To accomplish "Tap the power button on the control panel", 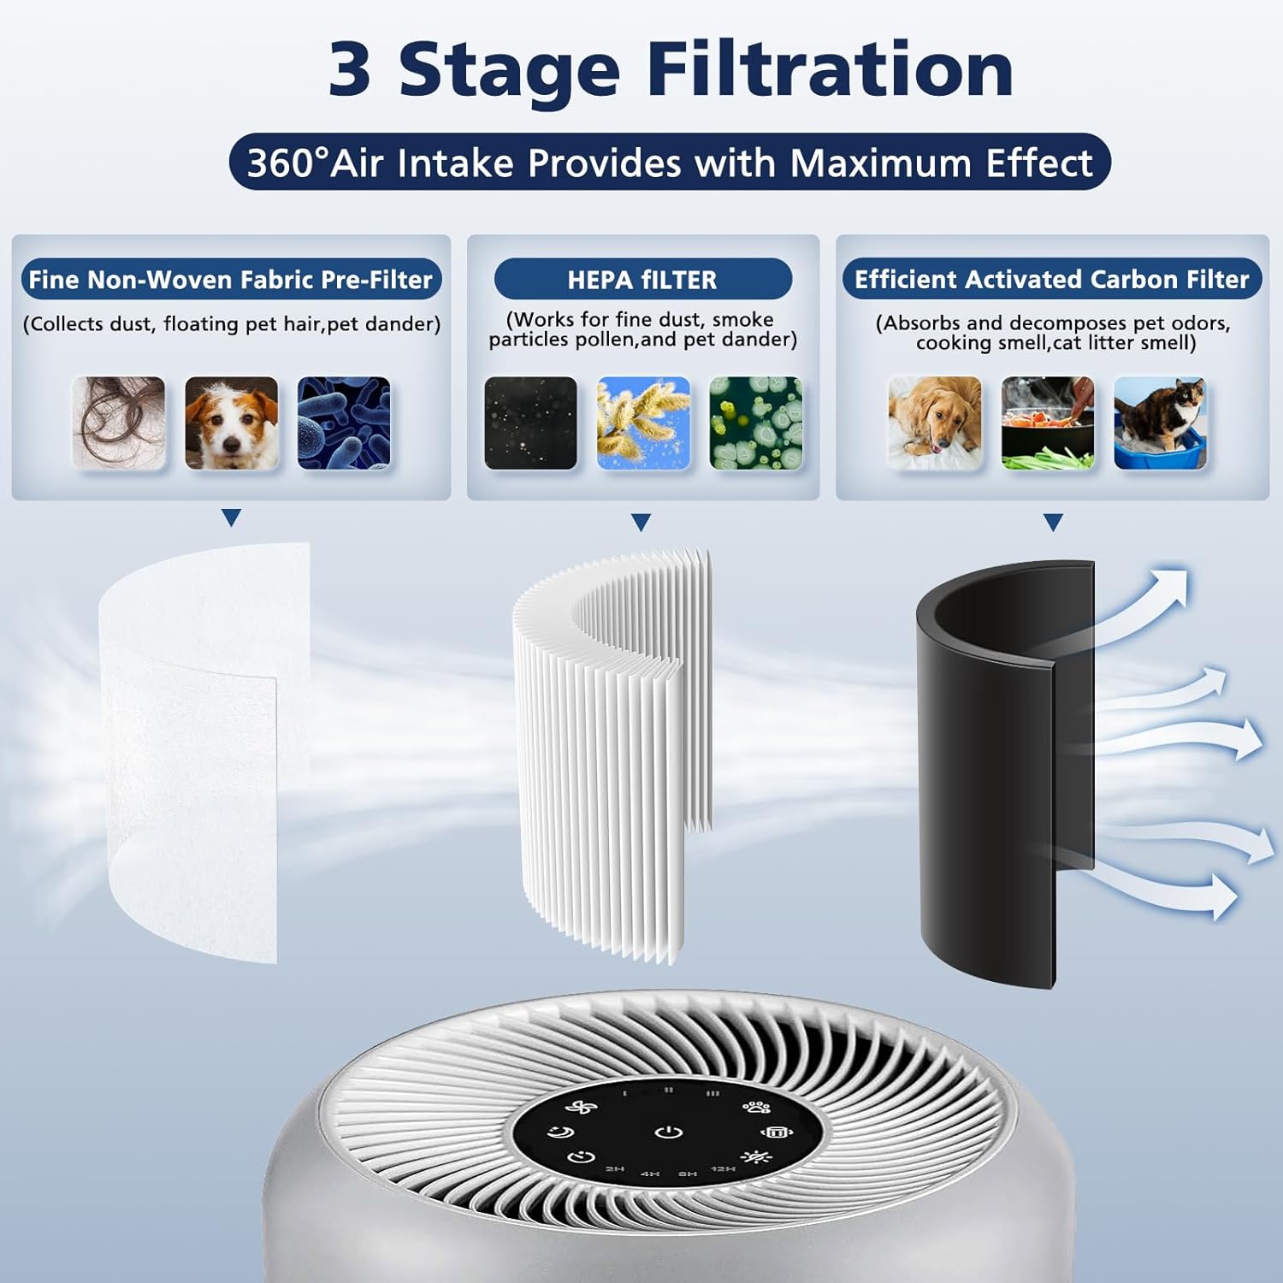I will tap(669, 1132).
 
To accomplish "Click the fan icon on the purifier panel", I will tap(581, 1108).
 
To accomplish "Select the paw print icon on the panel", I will tap(756, 1108).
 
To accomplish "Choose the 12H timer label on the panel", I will tap(723, 1168).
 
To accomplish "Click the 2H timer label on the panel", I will tap(615, 1168).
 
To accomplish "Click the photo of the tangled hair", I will tap(119, 423).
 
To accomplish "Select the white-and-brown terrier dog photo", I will tap(231, 423).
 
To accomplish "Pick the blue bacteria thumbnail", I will tap(344, 423).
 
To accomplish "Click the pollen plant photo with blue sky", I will tap(643, 423).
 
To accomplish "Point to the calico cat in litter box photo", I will tap(1160, 423).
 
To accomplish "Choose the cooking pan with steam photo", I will tap(1047, 423).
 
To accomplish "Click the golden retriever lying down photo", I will tap(935, 423).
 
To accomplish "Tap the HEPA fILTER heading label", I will tap(642, 280).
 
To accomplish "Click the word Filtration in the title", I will tap(830, 70).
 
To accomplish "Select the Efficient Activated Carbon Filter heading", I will tap(1051, 280).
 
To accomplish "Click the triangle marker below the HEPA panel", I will tap(641, 522).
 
